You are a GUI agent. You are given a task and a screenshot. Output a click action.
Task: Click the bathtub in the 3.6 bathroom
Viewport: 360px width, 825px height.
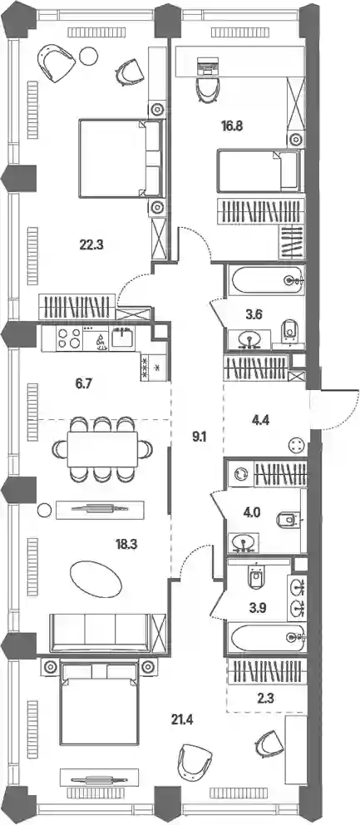pos(267,280)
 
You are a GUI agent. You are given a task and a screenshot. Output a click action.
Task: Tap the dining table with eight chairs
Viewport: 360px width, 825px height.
pos(102,449)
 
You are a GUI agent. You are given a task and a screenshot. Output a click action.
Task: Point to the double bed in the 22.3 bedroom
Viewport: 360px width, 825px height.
pos(120,158)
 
